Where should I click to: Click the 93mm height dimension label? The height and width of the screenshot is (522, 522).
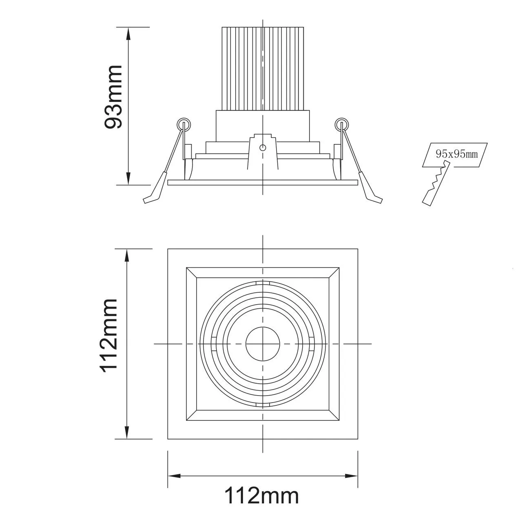coord(113,97)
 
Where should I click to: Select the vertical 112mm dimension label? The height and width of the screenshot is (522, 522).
coord(109,336)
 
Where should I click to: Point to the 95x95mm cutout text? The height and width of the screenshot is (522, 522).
coord(457,154)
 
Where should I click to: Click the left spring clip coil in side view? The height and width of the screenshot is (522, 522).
coord(184,125)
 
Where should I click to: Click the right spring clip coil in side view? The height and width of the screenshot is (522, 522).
coord(342,125)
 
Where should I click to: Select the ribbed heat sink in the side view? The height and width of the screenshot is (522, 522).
coord(263,69)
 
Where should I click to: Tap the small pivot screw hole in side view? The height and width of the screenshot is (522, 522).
coord(263,148)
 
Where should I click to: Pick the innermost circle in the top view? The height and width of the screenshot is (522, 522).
coord(263,344)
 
